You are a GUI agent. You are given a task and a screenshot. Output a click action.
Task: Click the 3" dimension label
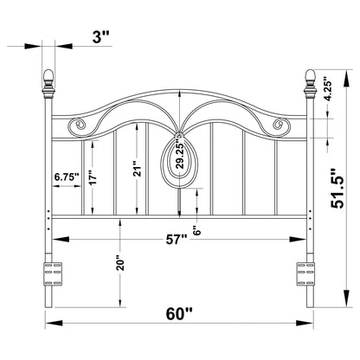102,37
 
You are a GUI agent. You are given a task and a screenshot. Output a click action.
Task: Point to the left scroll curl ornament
77,126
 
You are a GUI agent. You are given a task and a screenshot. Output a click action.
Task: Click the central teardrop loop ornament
178,164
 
